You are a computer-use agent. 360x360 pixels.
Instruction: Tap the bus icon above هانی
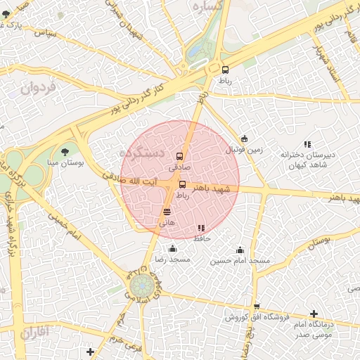167,211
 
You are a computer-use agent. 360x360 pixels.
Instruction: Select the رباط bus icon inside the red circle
183,184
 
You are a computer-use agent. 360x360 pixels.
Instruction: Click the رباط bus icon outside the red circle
225,70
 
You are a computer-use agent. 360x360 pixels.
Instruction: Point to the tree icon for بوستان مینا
65,151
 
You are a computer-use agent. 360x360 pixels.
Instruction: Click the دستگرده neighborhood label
141,153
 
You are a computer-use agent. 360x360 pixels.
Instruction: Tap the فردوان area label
37,89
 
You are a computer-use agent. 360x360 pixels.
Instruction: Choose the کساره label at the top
208,6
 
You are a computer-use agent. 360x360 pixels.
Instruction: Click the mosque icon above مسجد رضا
173,249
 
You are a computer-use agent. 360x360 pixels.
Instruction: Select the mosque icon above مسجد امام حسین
240,250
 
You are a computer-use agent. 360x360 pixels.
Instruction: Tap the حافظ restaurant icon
201,228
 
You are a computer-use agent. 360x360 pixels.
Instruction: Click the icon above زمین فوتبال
244,139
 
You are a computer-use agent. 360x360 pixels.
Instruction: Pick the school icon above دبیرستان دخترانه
307,144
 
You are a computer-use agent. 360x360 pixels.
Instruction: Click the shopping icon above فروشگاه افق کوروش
257,307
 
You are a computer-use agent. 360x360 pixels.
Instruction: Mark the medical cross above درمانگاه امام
314,313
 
